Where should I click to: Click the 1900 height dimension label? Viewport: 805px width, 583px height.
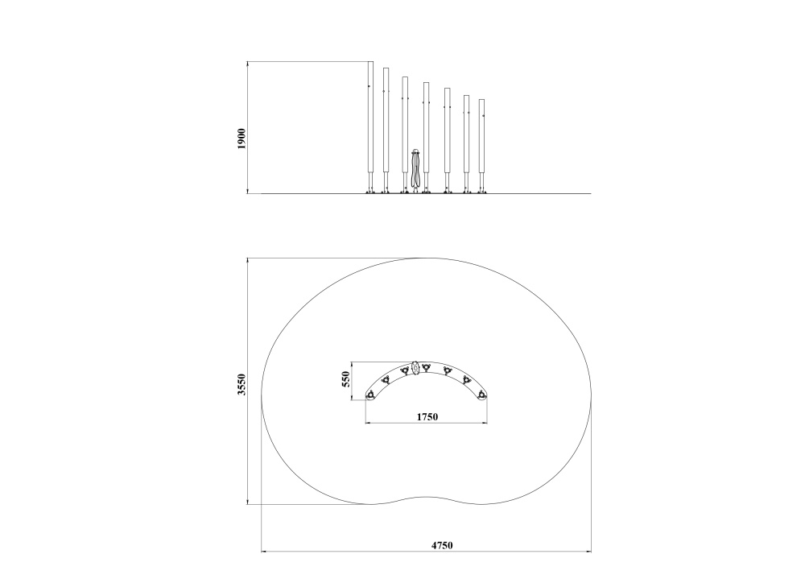point(242,139)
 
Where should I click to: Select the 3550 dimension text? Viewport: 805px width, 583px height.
point(242,385)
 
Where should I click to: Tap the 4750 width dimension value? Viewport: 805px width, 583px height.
point(441,545)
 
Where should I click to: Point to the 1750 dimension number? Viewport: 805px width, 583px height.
point(427,416)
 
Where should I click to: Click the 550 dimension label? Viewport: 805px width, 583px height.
point(345,379)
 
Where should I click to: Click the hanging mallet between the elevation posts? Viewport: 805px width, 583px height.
point(416,170)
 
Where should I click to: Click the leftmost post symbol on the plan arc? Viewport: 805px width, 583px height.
point(369,395)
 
